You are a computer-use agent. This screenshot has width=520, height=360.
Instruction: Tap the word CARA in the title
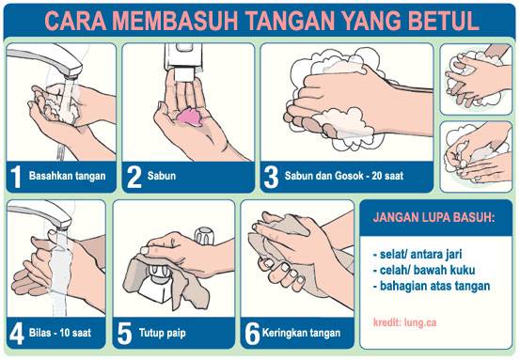[75, 21]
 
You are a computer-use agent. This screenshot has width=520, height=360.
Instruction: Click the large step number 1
[16, 177]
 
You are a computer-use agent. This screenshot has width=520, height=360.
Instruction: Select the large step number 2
[134, 177]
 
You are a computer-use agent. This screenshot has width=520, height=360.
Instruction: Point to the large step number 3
[271, 177]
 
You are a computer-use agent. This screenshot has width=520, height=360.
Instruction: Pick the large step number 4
[17, 334]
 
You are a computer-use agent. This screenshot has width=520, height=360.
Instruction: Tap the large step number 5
[125, 334]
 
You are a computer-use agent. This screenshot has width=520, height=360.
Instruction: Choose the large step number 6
[252, 334]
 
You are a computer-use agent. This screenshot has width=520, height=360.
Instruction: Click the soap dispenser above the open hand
[183, 62]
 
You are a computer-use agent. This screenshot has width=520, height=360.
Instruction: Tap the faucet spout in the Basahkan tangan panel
[46, 62]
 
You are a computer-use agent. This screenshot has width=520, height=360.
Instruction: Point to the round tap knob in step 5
[204, 236]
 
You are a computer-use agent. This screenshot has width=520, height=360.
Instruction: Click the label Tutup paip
[162, 333]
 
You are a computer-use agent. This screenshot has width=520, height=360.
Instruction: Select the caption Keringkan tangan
[301, 333]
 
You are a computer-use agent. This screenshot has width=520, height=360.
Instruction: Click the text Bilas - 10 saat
[60, 333]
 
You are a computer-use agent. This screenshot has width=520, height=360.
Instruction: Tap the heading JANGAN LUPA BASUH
[433, 217]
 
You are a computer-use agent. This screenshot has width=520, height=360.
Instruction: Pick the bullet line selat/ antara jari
[418, 255]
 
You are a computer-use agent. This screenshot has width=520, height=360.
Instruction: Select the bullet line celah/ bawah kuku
[424, 270]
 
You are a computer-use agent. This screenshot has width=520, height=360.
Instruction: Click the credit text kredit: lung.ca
[404, 322]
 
